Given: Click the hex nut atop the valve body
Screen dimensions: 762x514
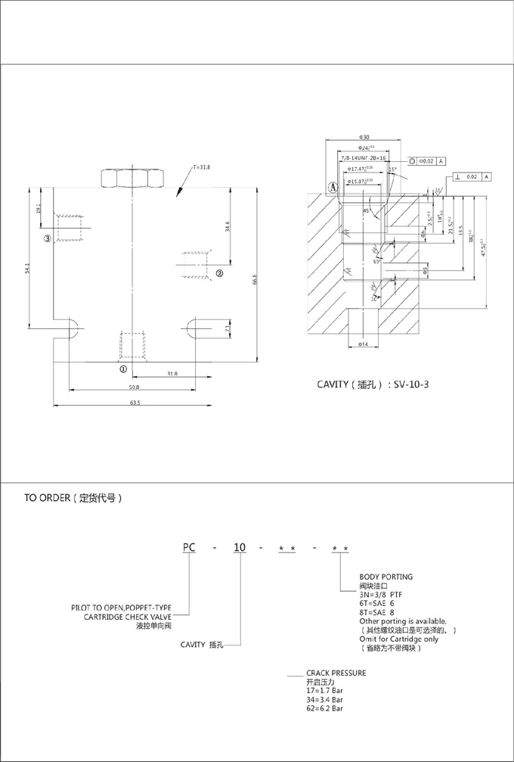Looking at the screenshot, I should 132,178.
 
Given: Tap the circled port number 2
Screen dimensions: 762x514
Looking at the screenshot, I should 219,273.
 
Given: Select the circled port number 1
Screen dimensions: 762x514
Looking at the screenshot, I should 122,369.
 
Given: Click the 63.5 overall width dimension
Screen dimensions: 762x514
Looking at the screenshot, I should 135,403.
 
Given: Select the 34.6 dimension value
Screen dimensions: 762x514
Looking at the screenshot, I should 228,225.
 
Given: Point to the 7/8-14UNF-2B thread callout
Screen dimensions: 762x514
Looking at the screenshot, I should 363,159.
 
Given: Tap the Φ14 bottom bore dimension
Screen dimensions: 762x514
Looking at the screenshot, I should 362,344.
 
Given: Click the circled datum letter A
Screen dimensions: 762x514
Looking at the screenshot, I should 332,185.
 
